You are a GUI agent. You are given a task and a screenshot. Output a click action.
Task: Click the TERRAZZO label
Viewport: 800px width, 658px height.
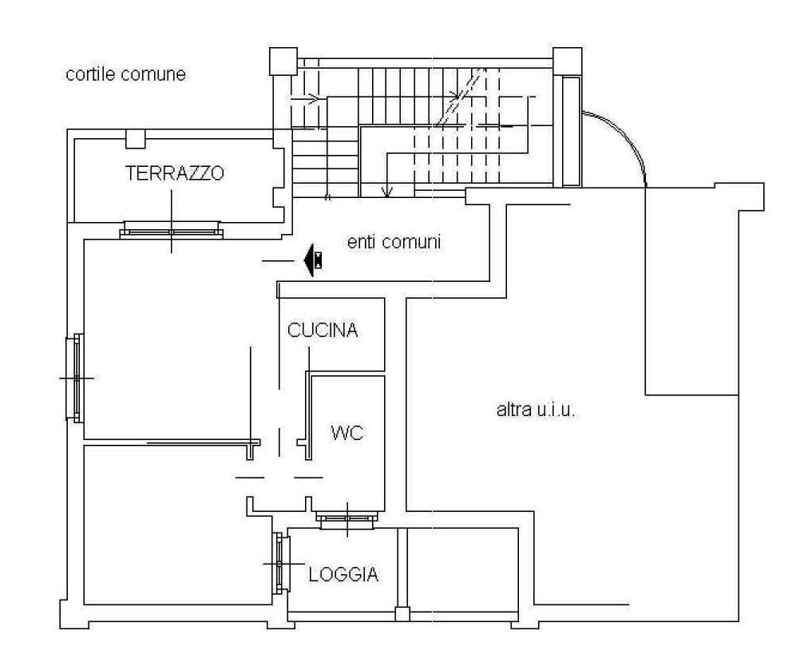click(175, 173)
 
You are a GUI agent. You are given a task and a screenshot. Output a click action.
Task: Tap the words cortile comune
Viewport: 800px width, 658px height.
click(125, 74)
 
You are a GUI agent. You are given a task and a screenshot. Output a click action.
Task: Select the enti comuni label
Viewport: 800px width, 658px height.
click(394, 241)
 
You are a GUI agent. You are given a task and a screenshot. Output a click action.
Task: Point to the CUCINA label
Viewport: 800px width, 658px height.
click(323, 330)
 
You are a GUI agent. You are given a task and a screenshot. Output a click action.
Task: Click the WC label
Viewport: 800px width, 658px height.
click(347, 433)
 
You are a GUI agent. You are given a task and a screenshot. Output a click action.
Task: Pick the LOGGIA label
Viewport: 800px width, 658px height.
click(343, 574)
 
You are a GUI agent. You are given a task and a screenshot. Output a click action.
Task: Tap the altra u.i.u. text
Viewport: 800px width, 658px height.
click(536, 410)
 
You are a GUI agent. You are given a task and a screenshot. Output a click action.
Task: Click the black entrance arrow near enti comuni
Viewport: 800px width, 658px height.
click(313, 260)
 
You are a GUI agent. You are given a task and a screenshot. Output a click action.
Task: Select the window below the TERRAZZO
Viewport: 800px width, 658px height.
click(172, 230)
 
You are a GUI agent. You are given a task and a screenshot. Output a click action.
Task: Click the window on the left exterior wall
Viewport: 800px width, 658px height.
click(75, 378)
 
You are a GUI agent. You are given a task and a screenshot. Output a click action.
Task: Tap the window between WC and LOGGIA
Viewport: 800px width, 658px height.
click(347, 518)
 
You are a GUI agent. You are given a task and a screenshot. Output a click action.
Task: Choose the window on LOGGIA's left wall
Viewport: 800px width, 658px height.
click(280, 563)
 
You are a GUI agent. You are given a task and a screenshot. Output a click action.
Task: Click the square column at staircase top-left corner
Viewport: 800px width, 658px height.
click(283, 61)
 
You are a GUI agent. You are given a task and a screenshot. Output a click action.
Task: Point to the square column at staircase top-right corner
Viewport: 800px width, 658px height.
click(568, 61)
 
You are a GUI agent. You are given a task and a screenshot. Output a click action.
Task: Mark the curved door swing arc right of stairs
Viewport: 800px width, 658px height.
click(628, 136)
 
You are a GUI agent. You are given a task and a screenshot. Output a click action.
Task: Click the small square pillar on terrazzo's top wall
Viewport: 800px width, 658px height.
click(136, 138)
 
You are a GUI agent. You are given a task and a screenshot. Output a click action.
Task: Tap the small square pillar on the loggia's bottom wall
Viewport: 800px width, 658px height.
click(402, 613)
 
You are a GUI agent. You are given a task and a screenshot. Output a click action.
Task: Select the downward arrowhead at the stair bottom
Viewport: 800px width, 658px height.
click(387, 192)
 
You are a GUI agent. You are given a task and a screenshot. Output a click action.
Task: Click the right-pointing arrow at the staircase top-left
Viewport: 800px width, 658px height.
click(306, 97)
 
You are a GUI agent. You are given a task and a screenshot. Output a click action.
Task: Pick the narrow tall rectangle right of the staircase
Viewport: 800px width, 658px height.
click(572, 131)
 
